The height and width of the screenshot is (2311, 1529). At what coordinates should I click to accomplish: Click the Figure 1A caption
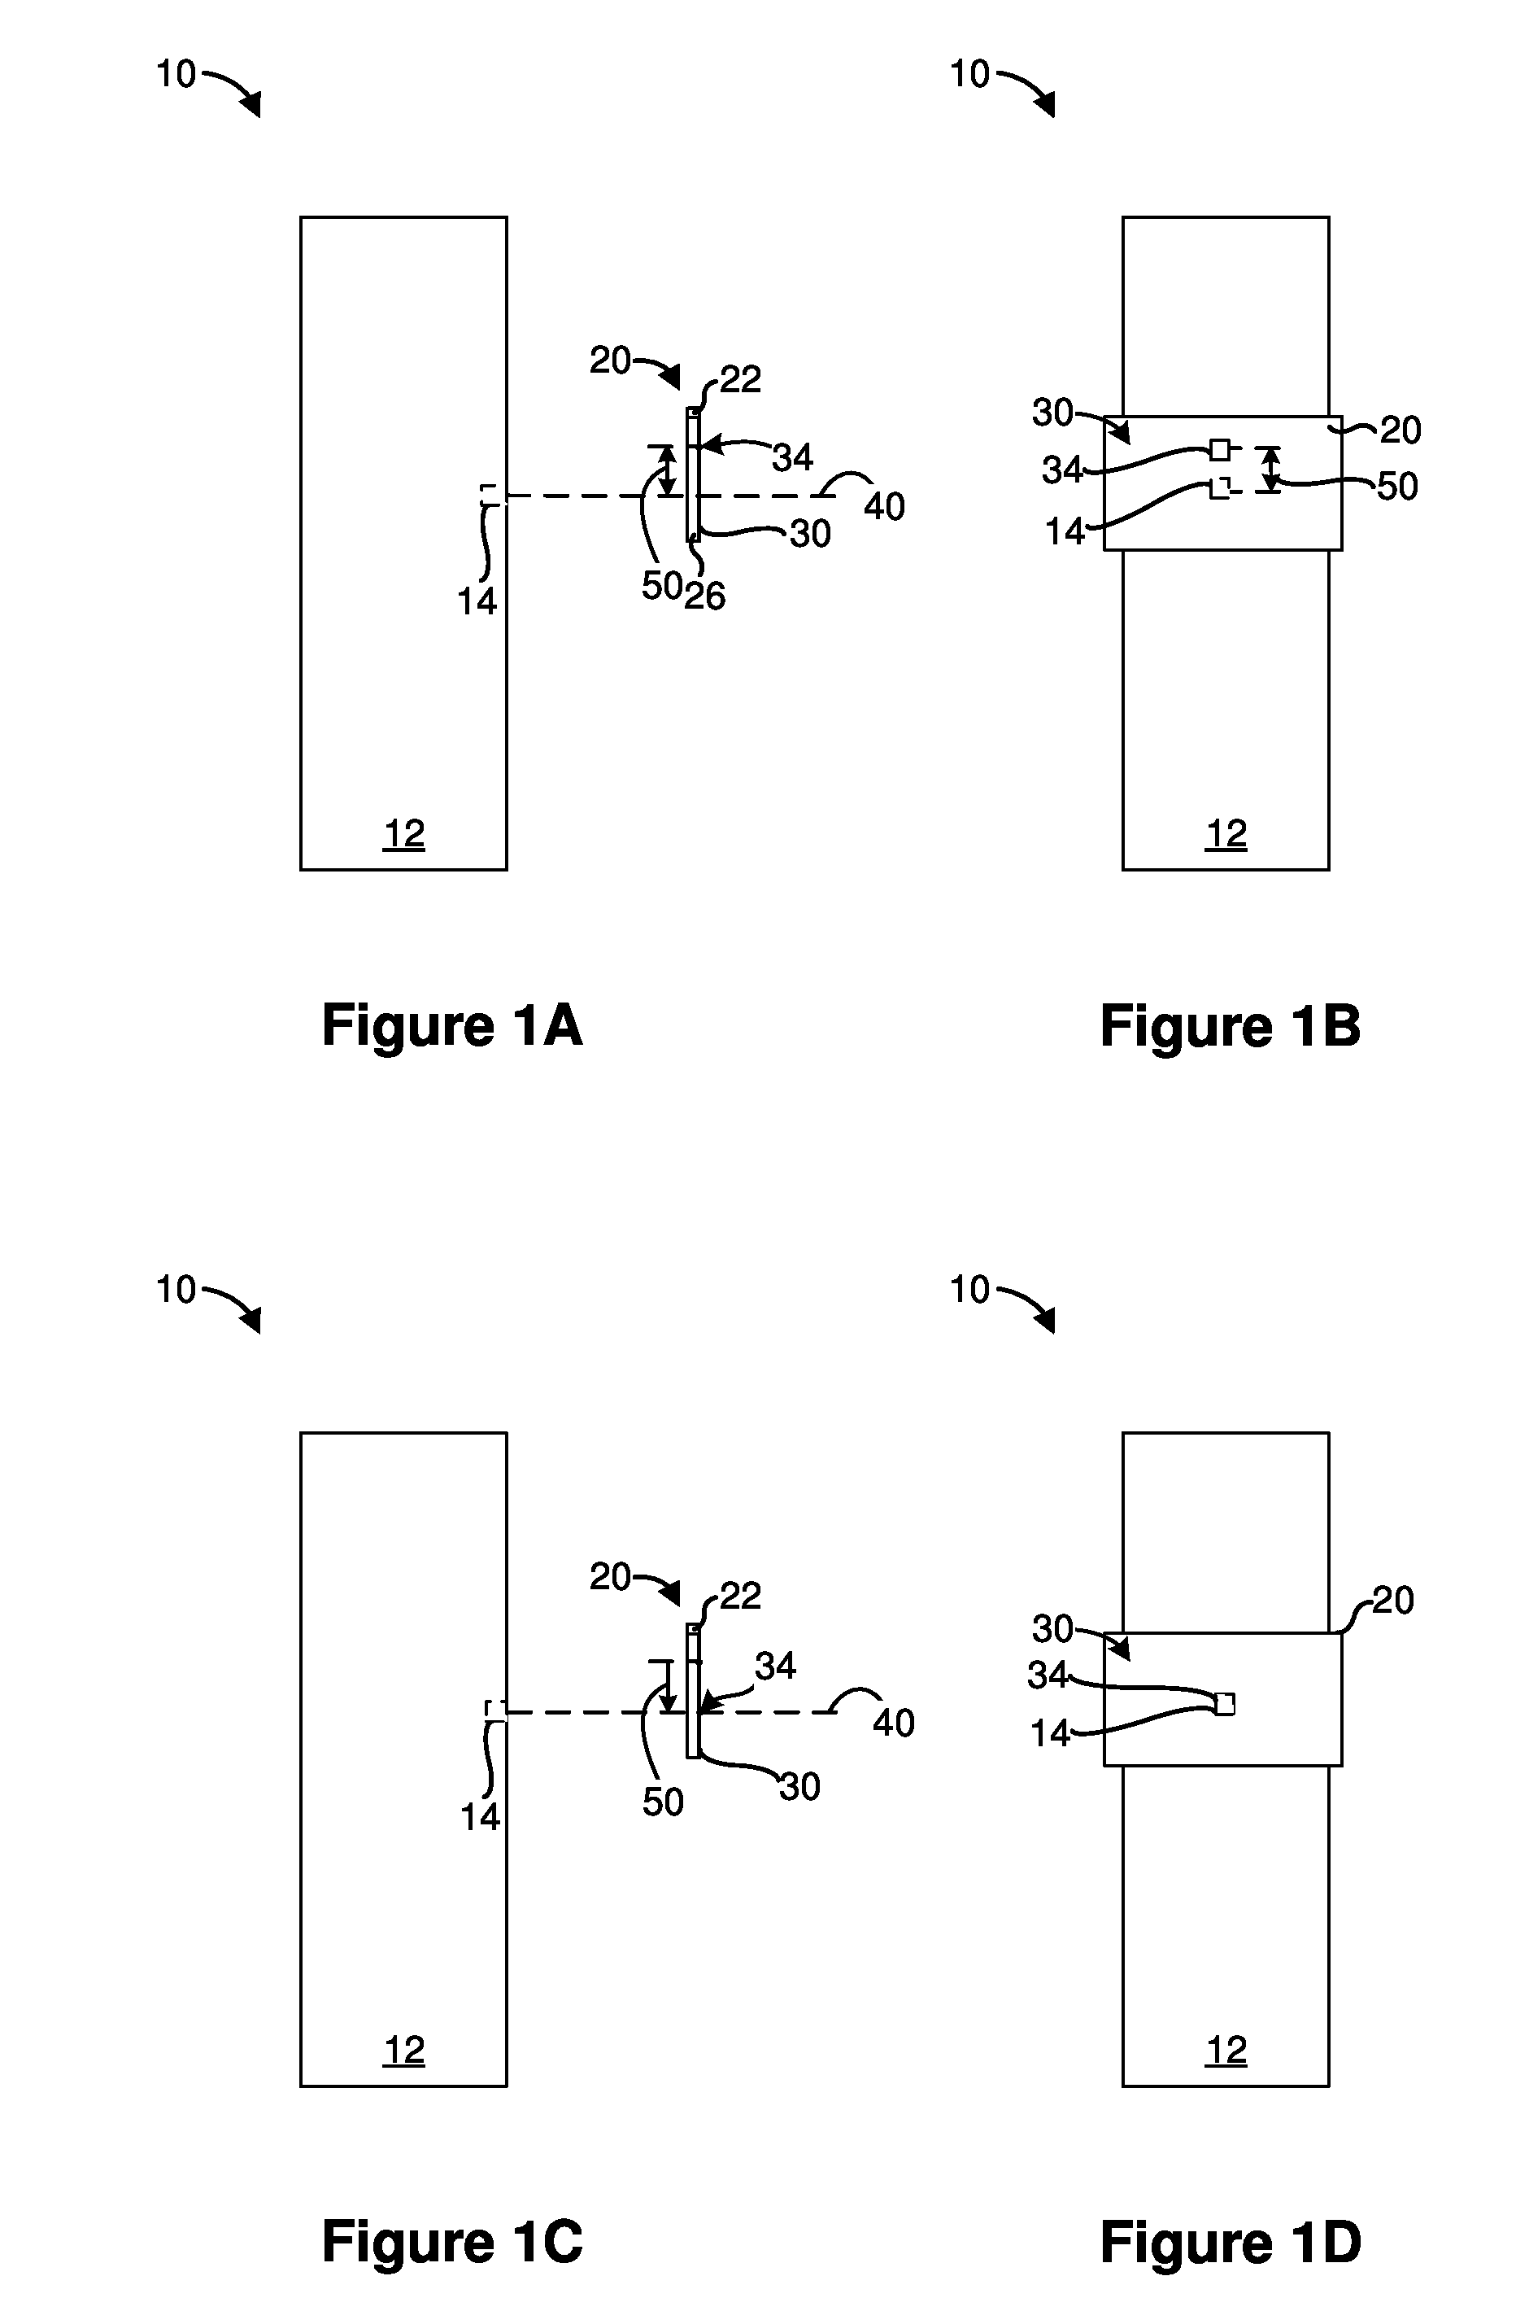pos(452,1026)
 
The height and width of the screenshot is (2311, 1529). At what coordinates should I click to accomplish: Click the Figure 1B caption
pos(1231,1026)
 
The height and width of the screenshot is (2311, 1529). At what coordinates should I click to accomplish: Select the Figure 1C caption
pos(452,2241)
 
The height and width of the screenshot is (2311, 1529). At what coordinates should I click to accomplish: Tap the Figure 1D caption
pos(1231,2241)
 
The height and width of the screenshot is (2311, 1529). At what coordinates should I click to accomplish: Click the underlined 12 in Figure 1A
pos(403,834)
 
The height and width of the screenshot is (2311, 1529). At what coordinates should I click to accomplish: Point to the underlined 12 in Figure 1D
pos(1226,2051)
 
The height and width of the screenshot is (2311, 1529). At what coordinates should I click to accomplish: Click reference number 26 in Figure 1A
pos(704,596)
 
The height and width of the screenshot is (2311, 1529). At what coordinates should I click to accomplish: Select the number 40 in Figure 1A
pos(884,506)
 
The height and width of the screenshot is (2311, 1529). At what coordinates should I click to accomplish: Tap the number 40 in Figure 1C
pos(893,1723)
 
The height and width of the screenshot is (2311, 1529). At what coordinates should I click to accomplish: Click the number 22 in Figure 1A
pos(740,378)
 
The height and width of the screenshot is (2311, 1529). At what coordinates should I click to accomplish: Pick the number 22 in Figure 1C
pos(740,1595)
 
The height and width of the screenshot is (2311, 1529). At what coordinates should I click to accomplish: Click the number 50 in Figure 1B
pos(1396,486)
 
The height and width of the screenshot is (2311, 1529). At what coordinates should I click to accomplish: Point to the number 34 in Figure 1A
pos(793,457)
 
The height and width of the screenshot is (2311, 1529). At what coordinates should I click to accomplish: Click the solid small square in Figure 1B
pos(1219,450)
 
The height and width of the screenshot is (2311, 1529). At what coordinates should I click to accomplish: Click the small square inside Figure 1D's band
pos(1225,1703)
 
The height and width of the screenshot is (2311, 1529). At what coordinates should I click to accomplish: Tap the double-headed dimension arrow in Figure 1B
pos(1269,470)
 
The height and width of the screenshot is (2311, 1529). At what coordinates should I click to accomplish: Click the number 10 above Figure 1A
pos(176,74)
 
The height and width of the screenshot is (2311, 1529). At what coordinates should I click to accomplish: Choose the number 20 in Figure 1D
pos(1392,1600)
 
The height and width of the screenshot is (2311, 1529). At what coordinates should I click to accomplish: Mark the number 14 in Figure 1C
pos(480,1816)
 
